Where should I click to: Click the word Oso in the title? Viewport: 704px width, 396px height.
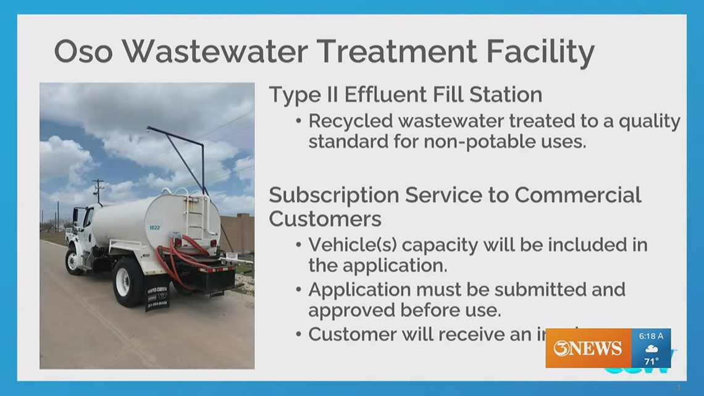click(x=83, y=52)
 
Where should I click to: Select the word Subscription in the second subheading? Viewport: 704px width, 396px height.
click(x=333, y=195)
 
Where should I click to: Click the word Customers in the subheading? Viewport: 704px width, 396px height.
click(x=325, y=219)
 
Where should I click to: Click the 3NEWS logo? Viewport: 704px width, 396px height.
click(x=587, y=349)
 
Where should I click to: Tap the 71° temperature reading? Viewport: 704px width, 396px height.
click(x=652, y=361)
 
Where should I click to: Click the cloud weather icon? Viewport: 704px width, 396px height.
click(x=652, y=348)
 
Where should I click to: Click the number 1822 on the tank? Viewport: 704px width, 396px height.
click(x=154, y=227)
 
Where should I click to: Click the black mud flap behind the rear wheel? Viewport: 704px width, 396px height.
click(x=158, y=292)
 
